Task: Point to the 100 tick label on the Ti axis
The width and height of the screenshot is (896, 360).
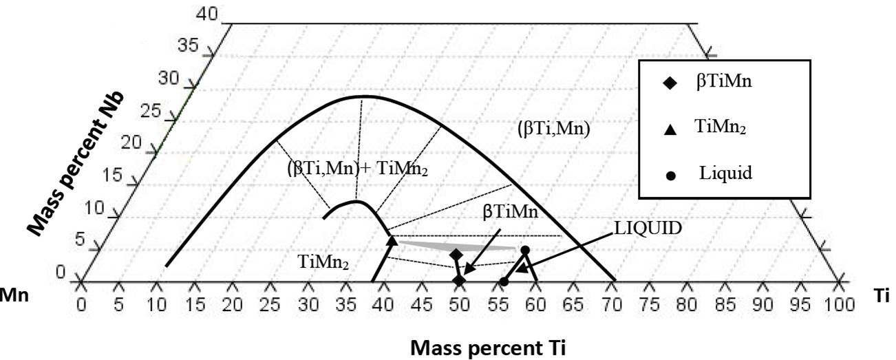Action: pos(838,304)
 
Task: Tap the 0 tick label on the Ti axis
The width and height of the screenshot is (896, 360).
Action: pos(81,304)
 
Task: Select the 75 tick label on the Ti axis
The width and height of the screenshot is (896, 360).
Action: pos(649,304)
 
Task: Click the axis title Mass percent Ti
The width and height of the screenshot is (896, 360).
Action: pos(489,348)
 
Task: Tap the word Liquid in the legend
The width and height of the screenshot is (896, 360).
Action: pos(725,172)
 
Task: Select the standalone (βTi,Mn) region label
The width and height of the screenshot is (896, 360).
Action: pos(553,128)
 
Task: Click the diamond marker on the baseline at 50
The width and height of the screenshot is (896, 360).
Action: pos(459,280)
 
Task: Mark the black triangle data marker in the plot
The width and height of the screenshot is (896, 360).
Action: pos(392,240)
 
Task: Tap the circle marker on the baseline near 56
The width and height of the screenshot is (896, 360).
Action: pos(504,282)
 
